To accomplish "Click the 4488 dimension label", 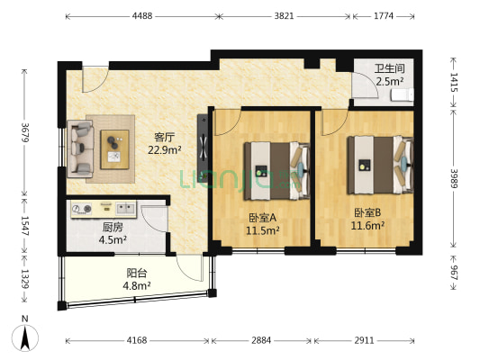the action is pos(142,16).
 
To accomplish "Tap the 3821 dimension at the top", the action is pos(284,16).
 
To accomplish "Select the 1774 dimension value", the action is pos(384,16).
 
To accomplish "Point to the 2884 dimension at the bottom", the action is pos(261,340).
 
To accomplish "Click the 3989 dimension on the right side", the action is pos(454,178).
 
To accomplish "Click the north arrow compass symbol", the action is pos(25,337).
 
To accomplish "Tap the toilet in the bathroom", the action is pos(403,94).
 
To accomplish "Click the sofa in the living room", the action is pos(80,148).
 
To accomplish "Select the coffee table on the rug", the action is pos(114,149).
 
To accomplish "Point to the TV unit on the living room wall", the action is pos(203,148).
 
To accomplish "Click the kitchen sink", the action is pos(125,208).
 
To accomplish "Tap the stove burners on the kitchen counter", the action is pos(82,209).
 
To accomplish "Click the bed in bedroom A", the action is pos(277,171).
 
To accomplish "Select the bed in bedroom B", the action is pos(380,166).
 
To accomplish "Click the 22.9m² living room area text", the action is pos(165,150).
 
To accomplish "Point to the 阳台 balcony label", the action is pos(137,273).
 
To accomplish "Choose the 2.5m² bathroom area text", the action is pos(389,82).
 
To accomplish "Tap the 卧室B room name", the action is pos(367,212).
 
